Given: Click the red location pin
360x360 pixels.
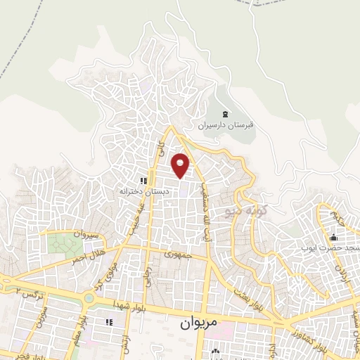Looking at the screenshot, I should point(181,165).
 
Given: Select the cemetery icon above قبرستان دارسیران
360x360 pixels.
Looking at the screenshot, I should point(225,114).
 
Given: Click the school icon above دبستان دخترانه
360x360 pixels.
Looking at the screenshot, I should point(143,181).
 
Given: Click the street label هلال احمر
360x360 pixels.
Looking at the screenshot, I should point(89,257).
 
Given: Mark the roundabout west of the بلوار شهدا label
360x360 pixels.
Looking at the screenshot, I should point(89,298).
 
